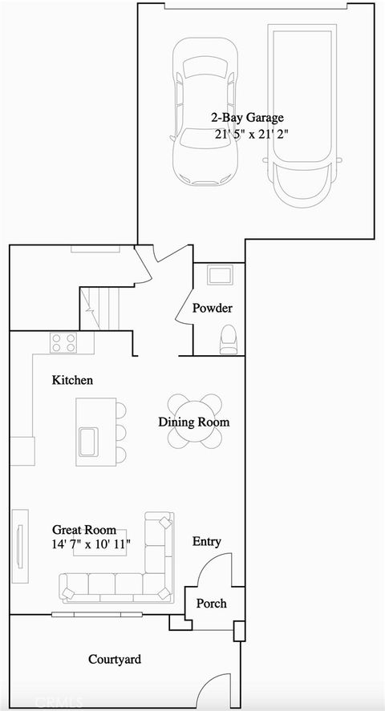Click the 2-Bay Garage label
247,118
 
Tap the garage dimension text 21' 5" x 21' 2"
251,135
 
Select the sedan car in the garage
205,112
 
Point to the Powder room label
213,309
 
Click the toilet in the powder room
228,339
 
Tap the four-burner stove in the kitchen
63,343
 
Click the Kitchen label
72,380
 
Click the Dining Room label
194,422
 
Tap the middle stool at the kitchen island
120,433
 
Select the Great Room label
83,530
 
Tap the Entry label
207,542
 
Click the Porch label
212,604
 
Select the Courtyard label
115,659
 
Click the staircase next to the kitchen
99,308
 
